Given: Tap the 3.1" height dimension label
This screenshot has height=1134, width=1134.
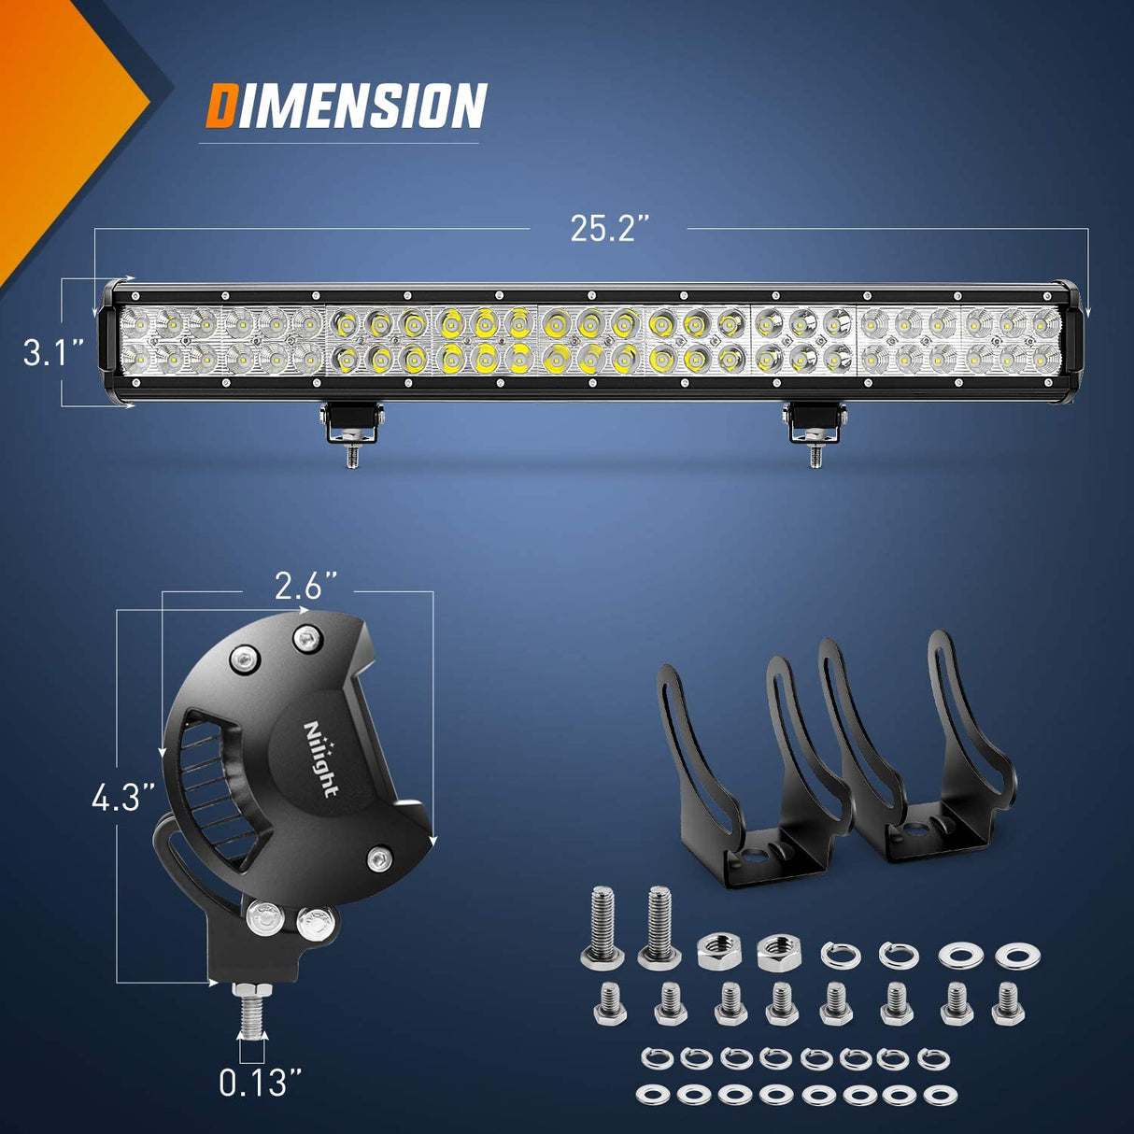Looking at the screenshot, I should [54, 353].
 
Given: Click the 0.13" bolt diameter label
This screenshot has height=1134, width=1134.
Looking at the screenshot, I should [261, 1083].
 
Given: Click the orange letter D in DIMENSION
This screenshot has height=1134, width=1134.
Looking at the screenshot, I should [220, 106].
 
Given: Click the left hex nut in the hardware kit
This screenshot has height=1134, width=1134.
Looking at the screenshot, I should [716, 952].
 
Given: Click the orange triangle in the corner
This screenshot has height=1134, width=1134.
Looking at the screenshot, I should [56, 103].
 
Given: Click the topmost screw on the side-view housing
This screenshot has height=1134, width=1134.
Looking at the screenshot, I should [306, 639].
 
